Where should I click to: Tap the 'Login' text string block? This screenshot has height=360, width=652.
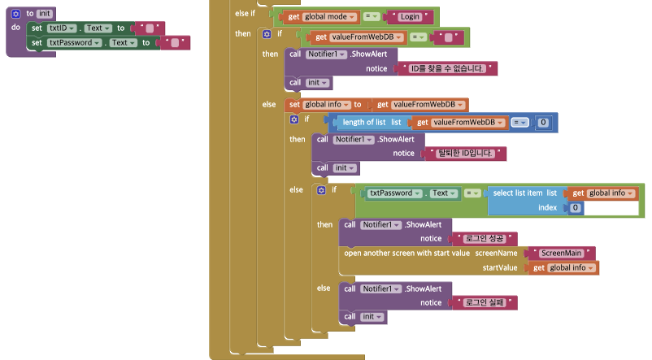pos(410,16)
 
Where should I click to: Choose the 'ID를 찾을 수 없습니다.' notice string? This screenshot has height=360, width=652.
pos(449,68)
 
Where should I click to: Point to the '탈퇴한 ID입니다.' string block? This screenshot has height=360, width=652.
pos(466,153)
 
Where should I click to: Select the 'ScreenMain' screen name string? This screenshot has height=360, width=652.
pos(561,253)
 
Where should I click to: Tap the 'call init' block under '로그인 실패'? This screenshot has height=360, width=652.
pos(363,316)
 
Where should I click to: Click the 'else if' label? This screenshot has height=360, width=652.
pos(245,14)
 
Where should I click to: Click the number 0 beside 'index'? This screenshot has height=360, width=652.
pos(576,208)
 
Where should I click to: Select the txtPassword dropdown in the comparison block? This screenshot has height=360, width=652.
pos(393,193)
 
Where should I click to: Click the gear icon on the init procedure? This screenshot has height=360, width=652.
pos(15,13)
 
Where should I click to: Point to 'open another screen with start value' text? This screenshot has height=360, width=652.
pos(406,253)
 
